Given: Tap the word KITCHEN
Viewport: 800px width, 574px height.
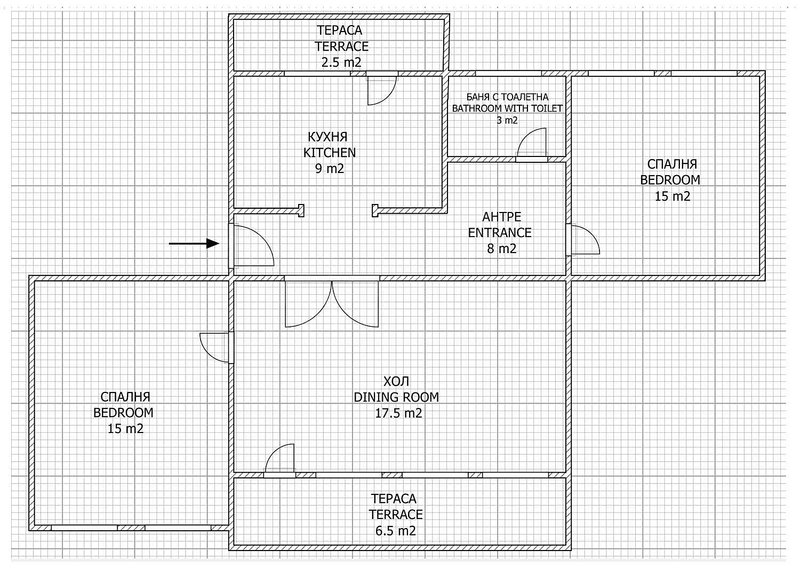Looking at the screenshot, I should tap(329, 153).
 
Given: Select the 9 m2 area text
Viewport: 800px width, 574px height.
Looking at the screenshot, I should tap(329, 169).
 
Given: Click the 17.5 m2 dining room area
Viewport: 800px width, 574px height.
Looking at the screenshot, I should tap(398, 413).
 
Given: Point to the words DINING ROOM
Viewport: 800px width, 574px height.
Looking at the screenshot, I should tap(396, 397).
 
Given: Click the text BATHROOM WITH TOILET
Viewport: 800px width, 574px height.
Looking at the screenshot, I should tap(507, 108).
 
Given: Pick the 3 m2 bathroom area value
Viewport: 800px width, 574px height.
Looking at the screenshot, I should tap(507, 121).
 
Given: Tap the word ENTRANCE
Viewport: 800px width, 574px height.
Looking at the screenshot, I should tap(500, 233).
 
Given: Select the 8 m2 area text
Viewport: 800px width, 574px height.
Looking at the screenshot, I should tap(501, 249).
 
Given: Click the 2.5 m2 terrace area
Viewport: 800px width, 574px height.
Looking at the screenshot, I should tap(341, 62).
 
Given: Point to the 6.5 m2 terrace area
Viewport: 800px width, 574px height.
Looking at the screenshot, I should tap(395, 531).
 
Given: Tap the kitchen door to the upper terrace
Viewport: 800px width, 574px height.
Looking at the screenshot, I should tap(381, 89).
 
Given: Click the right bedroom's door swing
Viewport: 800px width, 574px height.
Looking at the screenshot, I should tap(584, 240).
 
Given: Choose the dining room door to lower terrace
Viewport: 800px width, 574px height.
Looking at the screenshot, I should tap(281, 459).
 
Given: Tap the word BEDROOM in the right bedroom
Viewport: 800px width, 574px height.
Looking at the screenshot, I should tap(670, 180).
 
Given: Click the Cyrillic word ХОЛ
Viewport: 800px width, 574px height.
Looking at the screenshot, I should tap(396, 381).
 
